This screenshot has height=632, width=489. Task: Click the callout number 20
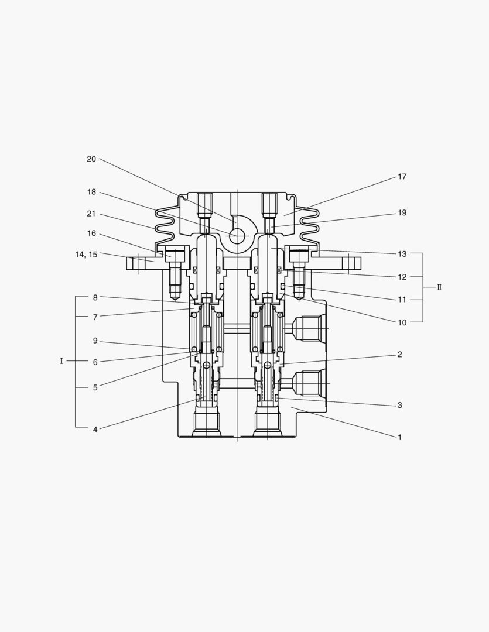click(91, 159)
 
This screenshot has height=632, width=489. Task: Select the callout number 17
click(402, 177)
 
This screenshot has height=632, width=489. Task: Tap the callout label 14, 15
click(86, 255)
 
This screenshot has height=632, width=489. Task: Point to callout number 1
click(399, 437)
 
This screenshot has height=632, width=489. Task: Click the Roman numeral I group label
click(61, 361)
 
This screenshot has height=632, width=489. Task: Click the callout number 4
click(95, 429)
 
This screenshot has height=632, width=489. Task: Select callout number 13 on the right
click(402, 254)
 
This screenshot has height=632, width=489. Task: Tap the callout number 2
click(399, 355)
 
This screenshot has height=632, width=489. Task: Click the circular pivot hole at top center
click(237, 236)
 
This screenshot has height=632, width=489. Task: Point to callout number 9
click(95, 341)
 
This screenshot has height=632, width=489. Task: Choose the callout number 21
click(91, 214)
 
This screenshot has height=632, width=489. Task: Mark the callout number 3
click(399, 405)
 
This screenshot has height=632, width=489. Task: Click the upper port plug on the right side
click(308, 328)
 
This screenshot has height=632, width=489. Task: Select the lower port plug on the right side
click(308, 383)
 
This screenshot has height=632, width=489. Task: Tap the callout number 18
click(91, 192)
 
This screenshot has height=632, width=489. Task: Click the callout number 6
click(95, 362)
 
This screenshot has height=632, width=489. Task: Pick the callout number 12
click(402, 277)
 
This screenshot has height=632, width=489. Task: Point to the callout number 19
click(402, 213)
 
